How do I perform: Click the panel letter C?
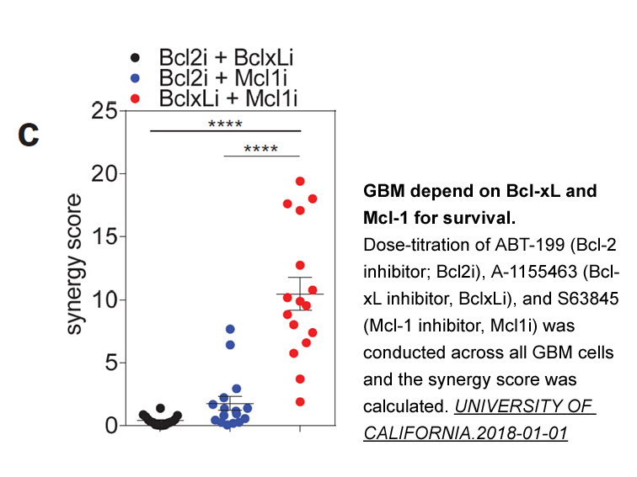click(29, 135)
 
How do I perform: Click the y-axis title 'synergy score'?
click(74, 264)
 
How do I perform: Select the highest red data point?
click(300, 182)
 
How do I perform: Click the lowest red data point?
click(300, 401)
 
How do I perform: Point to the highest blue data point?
click(230, 329)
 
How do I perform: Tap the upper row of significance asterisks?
click(225, 125)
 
